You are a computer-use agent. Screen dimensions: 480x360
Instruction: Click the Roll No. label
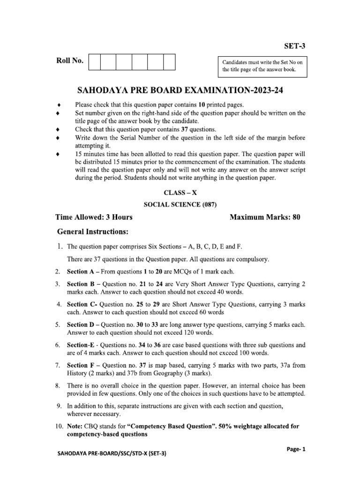pyautogui.click(x=69, y=61)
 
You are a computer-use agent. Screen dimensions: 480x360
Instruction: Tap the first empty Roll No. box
pyautogui.click(x=94, y=62)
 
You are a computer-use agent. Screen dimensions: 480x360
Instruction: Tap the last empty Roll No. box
pyautogui.click(x=169, y=62)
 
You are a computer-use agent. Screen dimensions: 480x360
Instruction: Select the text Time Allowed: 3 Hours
pyautogui.click(x=94, y=217)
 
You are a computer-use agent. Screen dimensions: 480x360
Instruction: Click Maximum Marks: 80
pyautogui.click(x=264, y=217)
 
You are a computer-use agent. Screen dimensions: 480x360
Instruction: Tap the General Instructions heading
pyautogui.click(x=92, y=232)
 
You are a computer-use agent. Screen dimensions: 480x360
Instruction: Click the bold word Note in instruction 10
pyautogui.click(x=75, y=426)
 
